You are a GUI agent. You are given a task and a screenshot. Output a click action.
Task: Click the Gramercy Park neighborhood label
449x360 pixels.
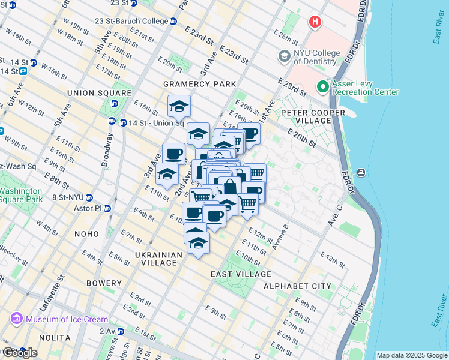[202, 83]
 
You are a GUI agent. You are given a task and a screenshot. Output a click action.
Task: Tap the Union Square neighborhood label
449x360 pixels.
[99, 93]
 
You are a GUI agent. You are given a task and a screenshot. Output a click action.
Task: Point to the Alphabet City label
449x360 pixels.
[297, 286]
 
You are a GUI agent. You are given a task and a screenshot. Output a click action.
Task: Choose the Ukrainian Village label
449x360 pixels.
[158, 259]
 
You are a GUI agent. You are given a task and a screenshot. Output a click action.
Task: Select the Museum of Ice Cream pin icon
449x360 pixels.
[16, 319]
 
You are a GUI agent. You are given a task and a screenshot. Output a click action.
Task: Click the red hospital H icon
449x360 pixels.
[315, 22]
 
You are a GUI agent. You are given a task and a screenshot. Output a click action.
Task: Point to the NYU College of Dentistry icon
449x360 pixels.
[284, 56]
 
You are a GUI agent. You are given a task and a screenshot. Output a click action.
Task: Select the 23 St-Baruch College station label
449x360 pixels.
[131, 21]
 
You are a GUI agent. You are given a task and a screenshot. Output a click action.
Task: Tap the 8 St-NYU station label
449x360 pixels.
[67, 197]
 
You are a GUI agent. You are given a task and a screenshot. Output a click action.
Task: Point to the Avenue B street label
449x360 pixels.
[279, 236]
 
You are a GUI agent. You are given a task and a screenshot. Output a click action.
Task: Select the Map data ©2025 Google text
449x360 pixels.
[411, 355]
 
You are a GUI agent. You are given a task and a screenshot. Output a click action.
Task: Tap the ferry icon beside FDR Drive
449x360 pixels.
[361, 173]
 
